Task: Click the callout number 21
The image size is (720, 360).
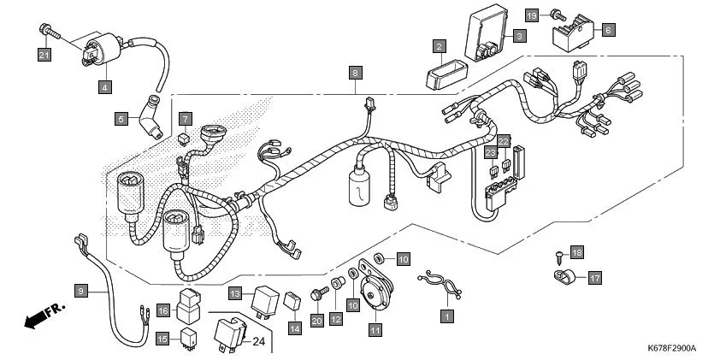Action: point(44,55)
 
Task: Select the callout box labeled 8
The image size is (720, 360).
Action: point(356,73)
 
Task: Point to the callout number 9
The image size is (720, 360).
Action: point(80,292)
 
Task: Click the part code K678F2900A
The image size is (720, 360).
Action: point(671,349)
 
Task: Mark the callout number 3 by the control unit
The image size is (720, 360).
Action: point(518,36)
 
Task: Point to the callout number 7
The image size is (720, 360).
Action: point(185,117)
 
